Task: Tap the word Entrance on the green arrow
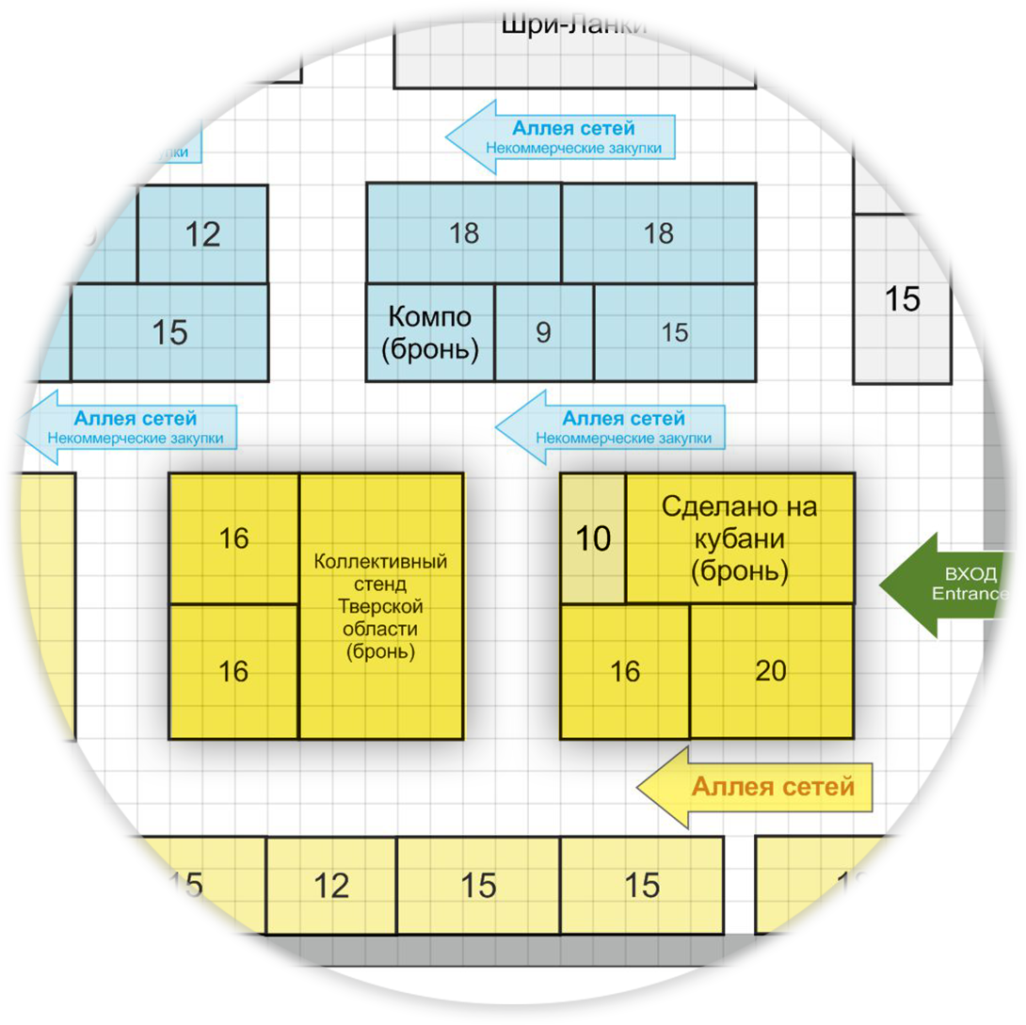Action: pos(970,594)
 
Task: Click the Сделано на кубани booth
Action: pos(740,537)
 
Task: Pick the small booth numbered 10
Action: pos(593,538)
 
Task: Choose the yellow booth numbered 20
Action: pos(771,671)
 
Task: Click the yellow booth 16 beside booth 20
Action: pos(625,671)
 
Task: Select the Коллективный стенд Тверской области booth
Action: pos(380,606)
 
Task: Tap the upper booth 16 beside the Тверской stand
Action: pos(233,538)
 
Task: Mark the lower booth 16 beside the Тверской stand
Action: pos(233,671)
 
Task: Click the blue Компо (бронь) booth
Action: pos(430,332)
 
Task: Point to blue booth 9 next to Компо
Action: pos(543,332)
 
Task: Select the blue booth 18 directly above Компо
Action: pos(464,232)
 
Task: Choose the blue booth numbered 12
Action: pos(202,233)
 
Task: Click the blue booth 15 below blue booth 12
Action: pos(169,332)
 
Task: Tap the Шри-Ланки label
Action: pos(574,24)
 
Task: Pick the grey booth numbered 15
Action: pos(902,299)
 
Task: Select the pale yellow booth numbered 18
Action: pos(853,885)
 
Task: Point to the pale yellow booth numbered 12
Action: pos(331,885)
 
